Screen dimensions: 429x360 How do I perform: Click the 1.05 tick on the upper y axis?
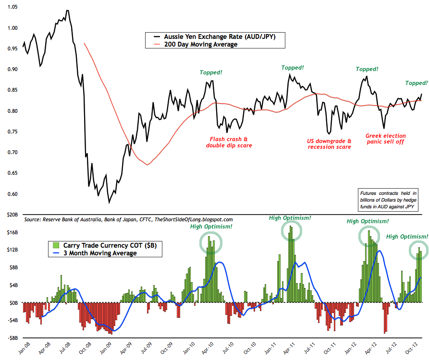point(12,7)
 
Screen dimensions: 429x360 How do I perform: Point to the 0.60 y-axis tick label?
point(12,194)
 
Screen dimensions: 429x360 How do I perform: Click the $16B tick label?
point(12,232)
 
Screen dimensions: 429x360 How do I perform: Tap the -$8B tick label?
point(12,338)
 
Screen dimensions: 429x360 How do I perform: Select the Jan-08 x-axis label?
point(25,348)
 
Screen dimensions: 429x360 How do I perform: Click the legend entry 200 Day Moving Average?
point(201,44)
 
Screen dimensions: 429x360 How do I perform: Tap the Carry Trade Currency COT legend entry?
point(105,245)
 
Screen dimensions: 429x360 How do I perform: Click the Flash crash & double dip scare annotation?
point(229,142)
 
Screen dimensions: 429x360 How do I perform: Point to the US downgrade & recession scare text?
point(329,144)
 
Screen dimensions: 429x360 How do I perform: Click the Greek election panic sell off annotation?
point(385,139)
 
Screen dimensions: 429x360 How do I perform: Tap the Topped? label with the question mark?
point(416,83)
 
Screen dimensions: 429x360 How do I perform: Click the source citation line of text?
point(128,219)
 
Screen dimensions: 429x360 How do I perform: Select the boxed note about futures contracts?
point(388,200)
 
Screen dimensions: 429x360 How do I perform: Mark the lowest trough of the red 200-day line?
point(147,165)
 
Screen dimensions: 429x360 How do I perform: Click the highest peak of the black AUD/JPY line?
point(67,11)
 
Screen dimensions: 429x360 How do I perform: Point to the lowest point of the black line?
point(109,203)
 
